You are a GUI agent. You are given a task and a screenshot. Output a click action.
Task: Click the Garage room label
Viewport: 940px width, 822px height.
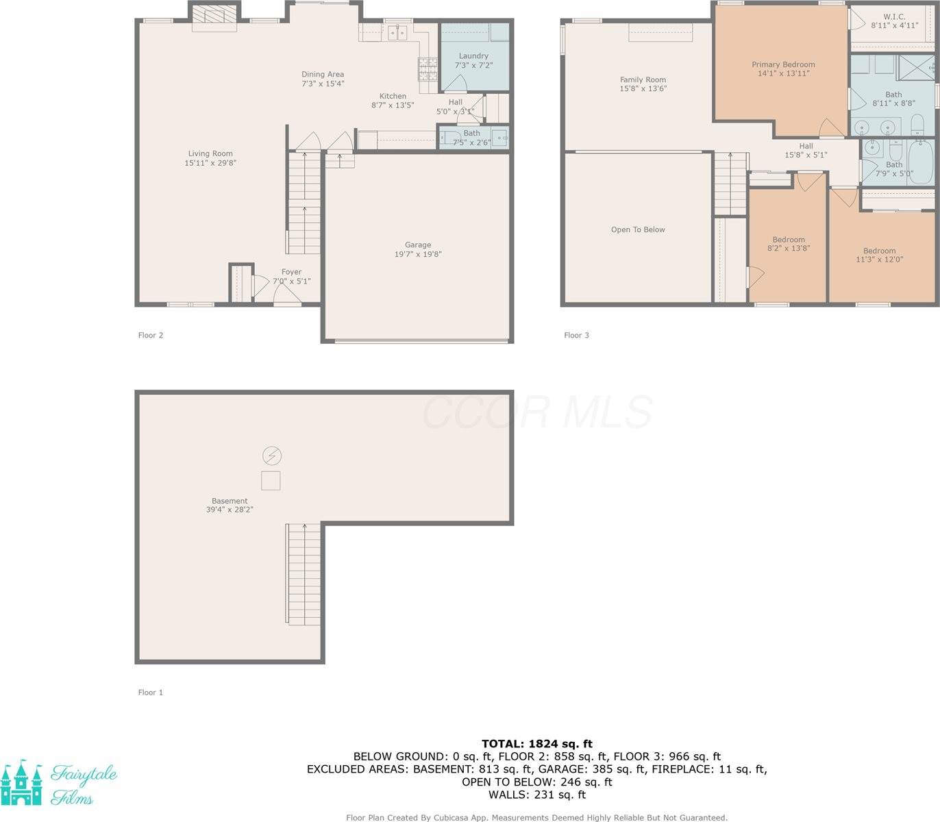tap(417, 245)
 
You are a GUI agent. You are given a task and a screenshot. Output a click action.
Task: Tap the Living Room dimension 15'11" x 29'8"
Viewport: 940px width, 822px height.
tap(210, 163)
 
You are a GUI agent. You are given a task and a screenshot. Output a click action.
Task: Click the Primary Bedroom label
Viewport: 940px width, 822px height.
tap(783, 64)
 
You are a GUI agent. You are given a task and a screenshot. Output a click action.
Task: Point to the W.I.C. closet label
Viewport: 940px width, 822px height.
tap(894, 16)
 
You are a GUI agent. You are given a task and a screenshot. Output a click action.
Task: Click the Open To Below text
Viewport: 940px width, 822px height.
tap(638, 229)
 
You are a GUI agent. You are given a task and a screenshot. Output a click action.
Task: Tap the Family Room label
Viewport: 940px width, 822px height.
tap(643, 79)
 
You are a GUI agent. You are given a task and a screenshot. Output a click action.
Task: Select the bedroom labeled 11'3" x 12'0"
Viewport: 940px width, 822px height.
tap(880, 255)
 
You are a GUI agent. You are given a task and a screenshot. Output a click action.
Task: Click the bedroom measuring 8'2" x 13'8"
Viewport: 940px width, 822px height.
tap(789, 244)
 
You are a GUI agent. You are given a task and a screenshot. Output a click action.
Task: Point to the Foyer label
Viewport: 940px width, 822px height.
tap(291, 272)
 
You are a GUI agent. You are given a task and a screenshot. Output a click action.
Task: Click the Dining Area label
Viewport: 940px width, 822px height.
tap(323, 74)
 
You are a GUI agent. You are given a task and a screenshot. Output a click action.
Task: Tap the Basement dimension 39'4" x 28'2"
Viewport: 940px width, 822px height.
tap(230, 510)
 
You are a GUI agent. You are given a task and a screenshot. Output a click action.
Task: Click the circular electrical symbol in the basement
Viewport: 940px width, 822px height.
tap(271, 456)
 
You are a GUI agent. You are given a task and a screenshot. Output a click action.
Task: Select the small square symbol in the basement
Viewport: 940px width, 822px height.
tap(271, 480)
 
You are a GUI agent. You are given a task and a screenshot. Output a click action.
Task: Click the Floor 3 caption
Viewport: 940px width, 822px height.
tap(576, 335)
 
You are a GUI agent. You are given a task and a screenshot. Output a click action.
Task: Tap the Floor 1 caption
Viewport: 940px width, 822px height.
tap(151, 692)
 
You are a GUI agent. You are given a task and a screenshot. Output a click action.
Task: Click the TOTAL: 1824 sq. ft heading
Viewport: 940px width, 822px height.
tap(536, 743)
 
